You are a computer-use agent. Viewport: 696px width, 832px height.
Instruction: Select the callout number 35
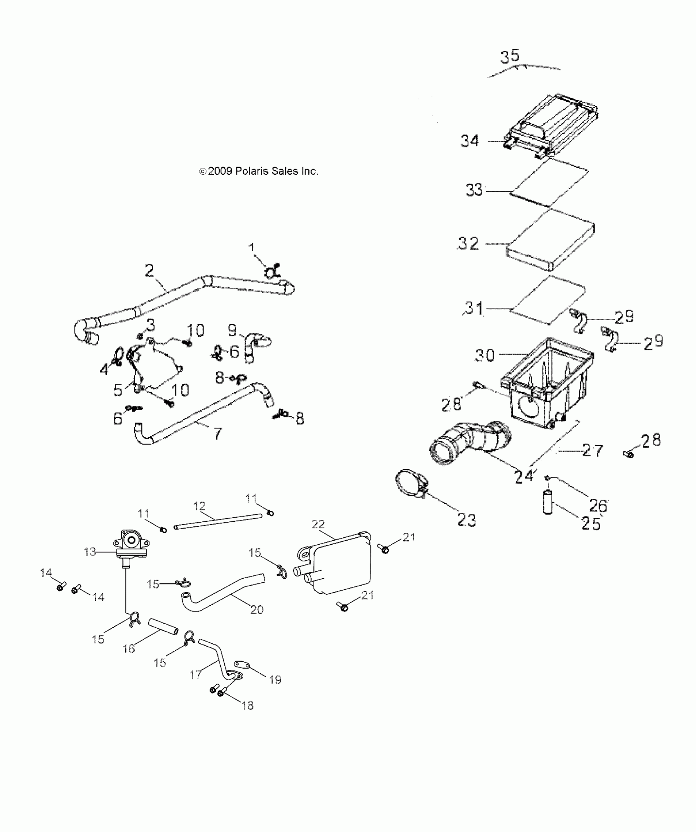coord(510,56)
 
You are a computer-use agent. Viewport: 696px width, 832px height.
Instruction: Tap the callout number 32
coord(468,243)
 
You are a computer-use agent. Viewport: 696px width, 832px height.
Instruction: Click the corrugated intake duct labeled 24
coord(471,442)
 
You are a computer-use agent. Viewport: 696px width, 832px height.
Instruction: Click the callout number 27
coord(592,451)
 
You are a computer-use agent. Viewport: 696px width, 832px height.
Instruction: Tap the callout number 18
coord(248,705)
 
